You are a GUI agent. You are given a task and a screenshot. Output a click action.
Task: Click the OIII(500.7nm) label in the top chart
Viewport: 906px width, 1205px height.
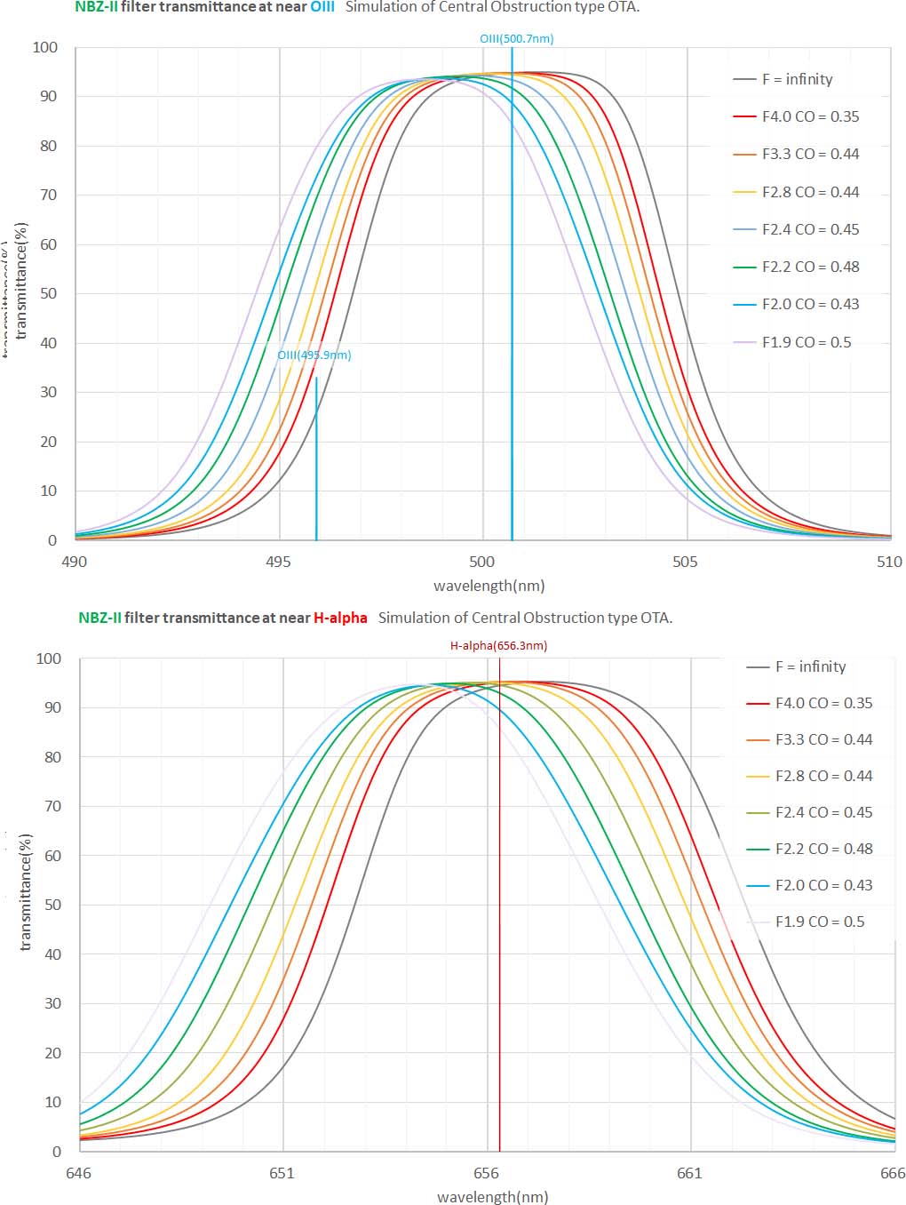(x=516, y=39)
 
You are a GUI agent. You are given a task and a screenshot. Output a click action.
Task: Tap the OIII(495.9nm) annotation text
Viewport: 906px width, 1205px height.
(x=314, y=355)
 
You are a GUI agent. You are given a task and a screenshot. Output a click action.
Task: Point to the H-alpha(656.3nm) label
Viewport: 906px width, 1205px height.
(x=498, y=646)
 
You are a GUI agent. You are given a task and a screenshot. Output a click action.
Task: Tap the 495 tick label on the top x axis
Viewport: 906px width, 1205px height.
(x=278, y=562)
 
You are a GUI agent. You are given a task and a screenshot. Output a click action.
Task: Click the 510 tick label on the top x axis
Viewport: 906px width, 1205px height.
(x=889, y=562)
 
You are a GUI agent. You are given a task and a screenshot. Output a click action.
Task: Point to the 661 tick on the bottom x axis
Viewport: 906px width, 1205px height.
(x=689, y=1173)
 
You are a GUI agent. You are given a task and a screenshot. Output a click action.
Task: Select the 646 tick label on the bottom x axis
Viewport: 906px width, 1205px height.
(x=78, y=1173)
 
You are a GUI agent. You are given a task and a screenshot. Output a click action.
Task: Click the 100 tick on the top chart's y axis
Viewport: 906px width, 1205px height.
(x=45, y=47)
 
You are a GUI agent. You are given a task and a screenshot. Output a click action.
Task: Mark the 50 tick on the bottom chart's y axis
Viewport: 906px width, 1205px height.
(x=52, y=905)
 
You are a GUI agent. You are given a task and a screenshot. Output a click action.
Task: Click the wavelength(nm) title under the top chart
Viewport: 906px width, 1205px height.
(x=489, y=586)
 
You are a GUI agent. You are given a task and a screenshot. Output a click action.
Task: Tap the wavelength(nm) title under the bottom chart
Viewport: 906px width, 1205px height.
(x=492, y=1197)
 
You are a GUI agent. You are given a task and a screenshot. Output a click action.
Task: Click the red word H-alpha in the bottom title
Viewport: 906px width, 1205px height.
(x=339, y=618)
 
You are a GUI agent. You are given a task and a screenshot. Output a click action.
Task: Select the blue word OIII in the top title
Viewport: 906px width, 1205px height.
(x=322, y=7)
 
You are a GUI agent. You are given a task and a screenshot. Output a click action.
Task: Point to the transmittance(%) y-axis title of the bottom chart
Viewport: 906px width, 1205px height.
(x=26, y=891)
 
